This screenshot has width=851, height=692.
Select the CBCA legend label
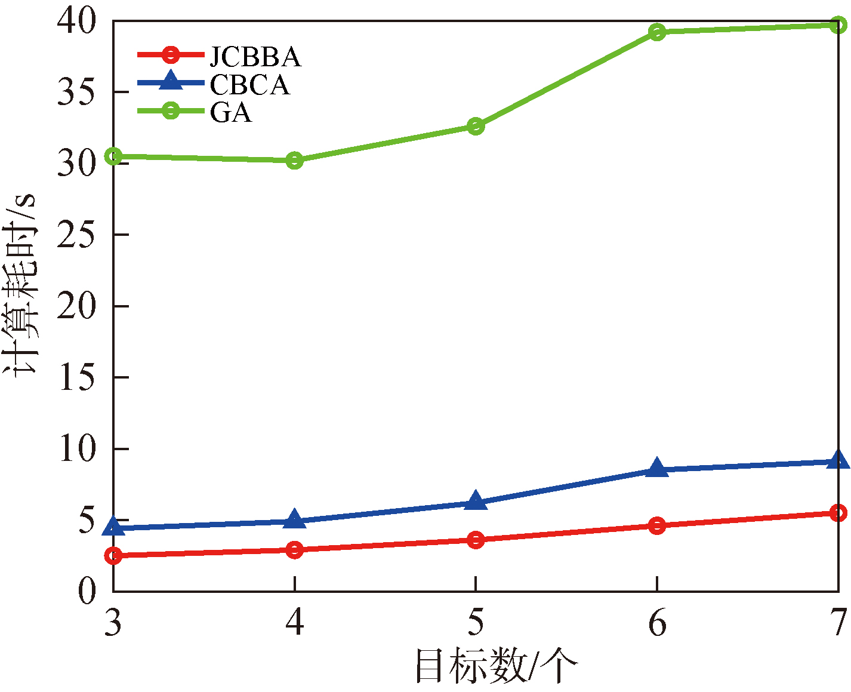[x=249, y=85]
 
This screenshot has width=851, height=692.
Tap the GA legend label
[x=230, y=112]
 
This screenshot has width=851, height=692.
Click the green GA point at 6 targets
[x=657, y=32]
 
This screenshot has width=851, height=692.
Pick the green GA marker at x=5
[x=476, y=126]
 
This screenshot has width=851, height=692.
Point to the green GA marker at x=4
[x=294, y=160]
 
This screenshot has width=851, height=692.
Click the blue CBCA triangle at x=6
[x=657, y=468]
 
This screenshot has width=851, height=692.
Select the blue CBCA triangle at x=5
[x=476, y=501]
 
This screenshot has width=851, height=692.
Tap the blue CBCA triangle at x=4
[x=294, y=519]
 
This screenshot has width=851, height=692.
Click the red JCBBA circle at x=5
[x=476, y=540]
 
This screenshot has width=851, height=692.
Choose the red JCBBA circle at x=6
[x=657, y=525]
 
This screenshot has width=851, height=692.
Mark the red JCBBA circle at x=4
[x=294, y=549]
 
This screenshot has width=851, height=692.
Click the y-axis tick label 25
[x=77, y=235]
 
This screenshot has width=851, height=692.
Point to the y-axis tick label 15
[x=77, y=377]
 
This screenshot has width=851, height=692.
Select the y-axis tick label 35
[x=77, y=93]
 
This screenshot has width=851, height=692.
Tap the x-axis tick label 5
[x=476, y=623]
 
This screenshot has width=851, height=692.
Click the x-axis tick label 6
[x=657, y=623]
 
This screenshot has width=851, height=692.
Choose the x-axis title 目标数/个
[x=496, y=666]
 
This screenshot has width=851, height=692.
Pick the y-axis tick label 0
[x=88, y=591]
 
